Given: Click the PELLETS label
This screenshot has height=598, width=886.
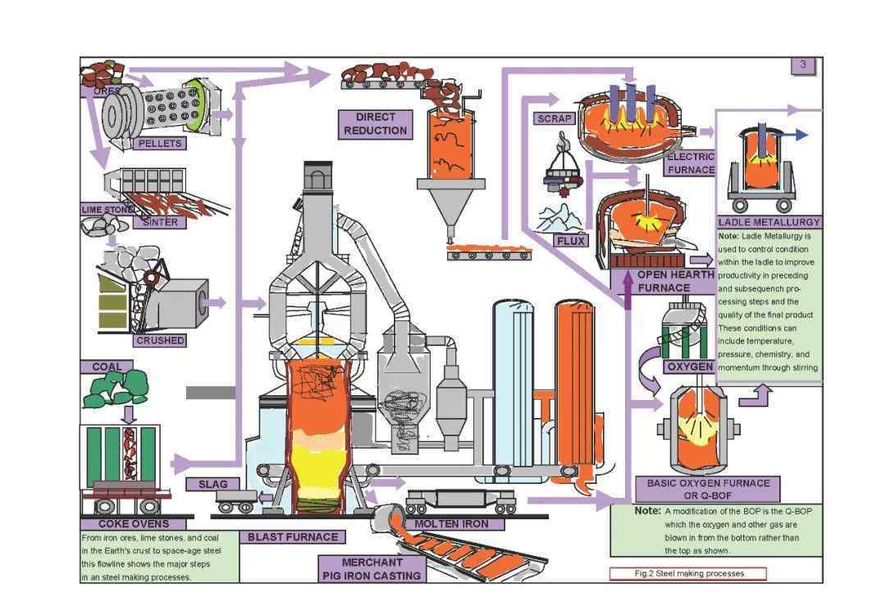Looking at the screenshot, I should tap(159, 144).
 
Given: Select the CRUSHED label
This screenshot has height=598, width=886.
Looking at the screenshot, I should tap(160, 340).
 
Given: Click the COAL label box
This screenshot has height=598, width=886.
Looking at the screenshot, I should tap(107, 367).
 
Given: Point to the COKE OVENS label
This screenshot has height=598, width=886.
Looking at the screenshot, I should tap(134, 523).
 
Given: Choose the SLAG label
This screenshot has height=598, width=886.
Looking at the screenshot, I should tap(212, 484).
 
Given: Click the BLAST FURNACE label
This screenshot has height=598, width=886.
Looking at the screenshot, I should tap(293, 537).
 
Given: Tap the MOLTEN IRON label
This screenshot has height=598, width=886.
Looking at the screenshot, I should tap(450, 523).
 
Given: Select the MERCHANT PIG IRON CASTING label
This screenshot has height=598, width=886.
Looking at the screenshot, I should tap(372, 569).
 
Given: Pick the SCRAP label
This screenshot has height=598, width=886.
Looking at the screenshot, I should tap(555, 118).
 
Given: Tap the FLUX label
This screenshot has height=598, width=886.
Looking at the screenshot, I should tap(571, 241).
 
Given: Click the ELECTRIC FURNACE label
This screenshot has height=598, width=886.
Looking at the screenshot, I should tap(691, 163).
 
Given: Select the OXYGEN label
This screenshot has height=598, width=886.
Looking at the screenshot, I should tap(688, 366).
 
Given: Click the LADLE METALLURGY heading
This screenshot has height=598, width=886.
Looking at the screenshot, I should tap(769, 222).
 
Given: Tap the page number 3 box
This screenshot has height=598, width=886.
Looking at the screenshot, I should tap(802, 65).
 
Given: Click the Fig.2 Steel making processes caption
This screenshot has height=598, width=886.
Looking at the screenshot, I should tap(687, 573).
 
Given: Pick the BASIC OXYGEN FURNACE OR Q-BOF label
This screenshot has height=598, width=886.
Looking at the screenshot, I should tap(707, 490).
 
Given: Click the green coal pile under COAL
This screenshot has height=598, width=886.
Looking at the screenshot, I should tap(116, 391).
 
